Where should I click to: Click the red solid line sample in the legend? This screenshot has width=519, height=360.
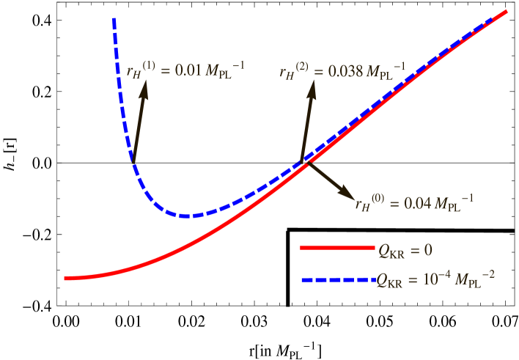[x=337, y=249]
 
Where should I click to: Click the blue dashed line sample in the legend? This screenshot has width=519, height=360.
[x=337, y=279]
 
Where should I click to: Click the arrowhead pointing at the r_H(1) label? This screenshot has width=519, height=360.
[x=144, y=87]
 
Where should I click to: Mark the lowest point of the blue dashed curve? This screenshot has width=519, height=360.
[x=189, y=216]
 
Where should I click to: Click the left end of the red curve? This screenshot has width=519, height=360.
[x=66, y=279]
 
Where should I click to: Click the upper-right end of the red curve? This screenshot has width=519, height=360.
[x=507, y=11]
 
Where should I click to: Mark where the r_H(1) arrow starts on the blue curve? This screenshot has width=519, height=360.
[x=133, y=161]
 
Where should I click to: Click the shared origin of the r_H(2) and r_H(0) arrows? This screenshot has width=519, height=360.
[x=304, y=163]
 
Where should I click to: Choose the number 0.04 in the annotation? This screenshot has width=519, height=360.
[x=417, y=205]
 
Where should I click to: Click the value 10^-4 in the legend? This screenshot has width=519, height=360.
[x=444, y=279]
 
